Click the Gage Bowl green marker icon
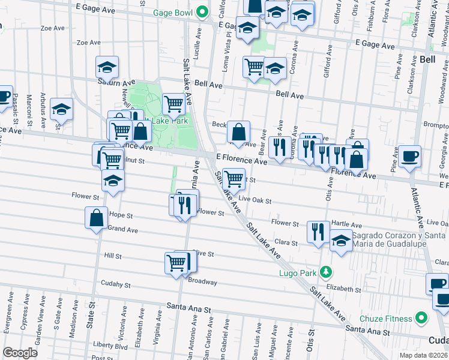click(203, 11)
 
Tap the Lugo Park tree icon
click(325, 272)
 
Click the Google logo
click(20, 353)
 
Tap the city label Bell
click(427, 59)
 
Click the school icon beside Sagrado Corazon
click(341, 241)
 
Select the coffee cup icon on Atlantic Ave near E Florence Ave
click(409, 156)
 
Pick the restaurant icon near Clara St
click(318, 231)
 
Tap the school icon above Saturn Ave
click(107, 67)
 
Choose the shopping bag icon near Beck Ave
click(239, 130)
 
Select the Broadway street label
click(202, 281)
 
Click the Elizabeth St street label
click(345, 289)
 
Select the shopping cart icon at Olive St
click(176, 263)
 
